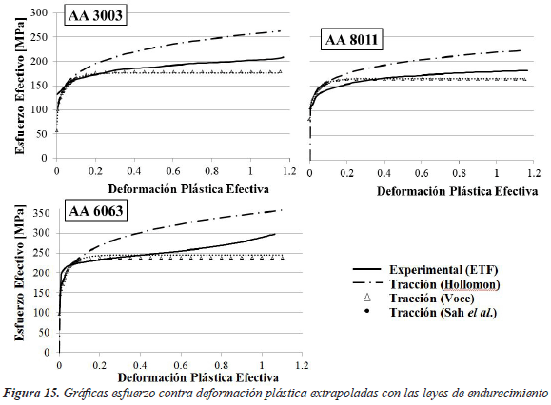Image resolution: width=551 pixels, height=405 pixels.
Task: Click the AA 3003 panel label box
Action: pos(95,15)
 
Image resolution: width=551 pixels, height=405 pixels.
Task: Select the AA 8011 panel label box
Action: pos(352,39)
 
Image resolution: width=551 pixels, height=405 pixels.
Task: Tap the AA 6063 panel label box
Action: pos(96,210)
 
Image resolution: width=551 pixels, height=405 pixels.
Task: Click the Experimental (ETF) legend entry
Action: pos(425,270)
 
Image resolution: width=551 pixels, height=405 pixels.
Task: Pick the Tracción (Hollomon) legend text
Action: pos(444,284)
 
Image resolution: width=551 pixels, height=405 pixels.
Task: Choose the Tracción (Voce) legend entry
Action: pos(420,298)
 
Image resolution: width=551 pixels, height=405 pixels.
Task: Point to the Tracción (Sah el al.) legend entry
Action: pos(430,312)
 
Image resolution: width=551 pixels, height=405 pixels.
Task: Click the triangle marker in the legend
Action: pos(367,298)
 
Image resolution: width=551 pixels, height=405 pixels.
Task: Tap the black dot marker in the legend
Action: pos(367,311)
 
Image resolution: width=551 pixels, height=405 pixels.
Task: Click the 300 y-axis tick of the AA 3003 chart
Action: pos(39,12)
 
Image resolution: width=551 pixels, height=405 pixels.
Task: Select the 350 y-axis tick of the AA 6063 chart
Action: pos(42,213)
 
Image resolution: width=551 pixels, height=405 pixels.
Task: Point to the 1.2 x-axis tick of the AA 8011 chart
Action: pos(534,173)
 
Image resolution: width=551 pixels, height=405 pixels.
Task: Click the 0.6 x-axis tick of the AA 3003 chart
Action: pos(172,171)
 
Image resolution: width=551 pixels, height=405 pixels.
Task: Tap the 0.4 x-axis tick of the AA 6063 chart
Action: pos(140,365)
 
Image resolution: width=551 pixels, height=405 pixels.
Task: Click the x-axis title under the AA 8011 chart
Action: pos(457,191)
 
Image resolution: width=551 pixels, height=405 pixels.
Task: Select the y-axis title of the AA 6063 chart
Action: pos(20,272)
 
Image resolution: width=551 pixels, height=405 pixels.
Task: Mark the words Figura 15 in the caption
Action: pos(30,393)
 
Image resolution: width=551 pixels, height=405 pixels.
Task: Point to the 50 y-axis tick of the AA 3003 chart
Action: pos(41,134)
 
